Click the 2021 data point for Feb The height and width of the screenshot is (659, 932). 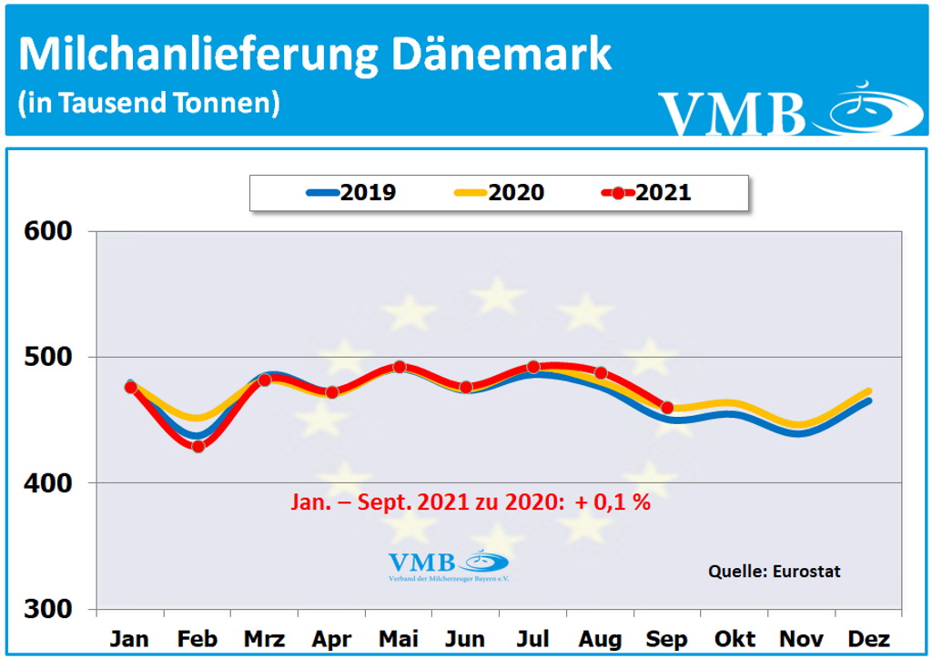point(198,446)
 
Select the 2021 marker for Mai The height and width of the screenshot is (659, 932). point(399,367)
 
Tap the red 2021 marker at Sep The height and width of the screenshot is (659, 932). point(667,408)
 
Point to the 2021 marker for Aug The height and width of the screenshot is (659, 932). point(601,373)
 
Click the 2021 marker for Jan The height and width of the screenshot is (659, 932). point(130,387)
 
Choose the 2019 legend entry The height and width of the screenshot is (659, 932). point(350,193)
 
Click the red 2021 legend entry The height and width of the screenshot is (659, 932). point(646,193)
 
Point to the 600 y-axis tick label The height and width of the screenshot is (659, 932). point(47,231)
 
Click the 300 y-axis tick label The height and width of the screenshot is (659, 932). point(47,609)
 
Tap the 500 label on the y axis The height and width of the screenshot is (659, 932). point(47,357)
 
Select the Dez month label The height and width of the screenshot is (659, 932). point(869,638)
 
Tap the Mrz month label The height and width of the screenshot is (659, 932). point(265,638)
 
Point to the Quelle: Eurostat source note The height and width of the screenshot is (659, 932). point(774,572)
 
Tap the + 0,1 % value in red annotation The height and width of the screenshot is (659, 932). point(612,502)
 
